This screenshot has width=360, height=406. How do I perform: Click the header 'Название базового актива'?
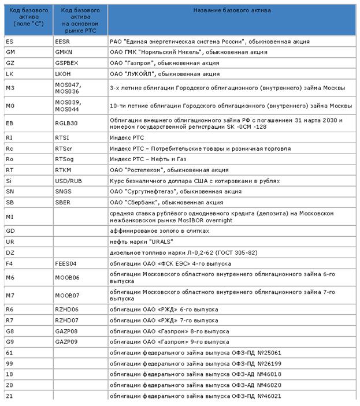[232, 10]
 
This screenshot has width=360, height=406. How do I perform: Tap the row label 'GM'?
[10, 53]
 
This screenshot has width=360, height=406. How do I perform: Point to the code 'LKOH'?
[63, 74]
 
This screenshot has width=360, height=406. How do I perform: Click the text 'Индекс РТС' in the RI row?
[127, 137]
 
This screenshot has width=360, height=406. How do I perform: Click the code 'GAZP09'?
[66, 342]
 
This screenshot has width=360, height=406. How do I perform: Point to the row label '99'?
[9, 363]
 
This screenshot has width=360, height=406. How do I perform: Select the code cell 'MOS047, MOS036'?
[68, 88]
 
